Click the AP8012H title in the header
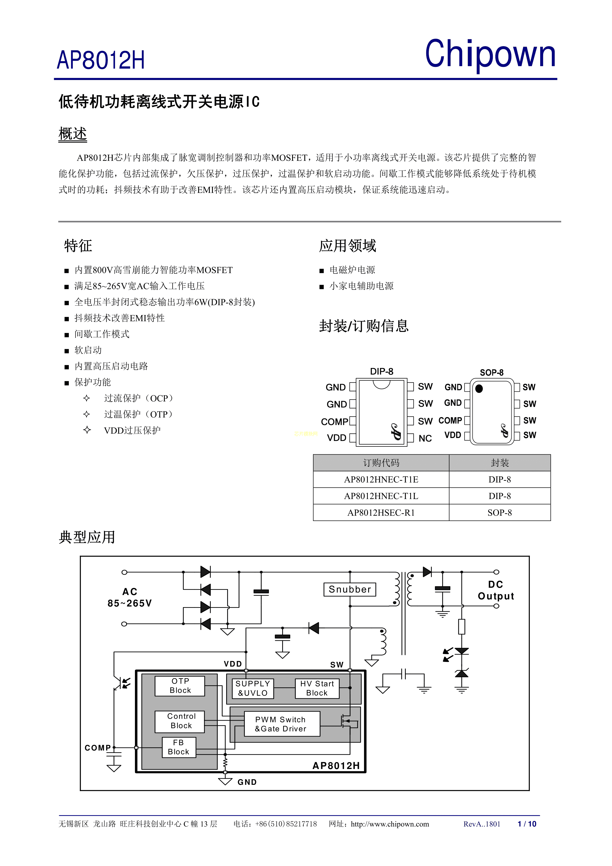(x=101, y=60)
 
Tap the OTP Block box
(x=180, y=686)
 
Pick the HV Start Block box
(x=317, y=688)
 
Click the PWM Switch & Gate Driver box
(x=282, y=724)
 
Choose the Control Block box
(x=180, y=721)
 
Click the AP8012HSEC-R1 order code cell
(x=381, y=513)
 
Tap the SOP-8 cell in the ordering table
(x=500, y=513)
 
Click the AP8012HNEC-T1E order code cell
(x=381, y=479)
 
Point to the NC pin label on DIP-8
(x=425, y=438)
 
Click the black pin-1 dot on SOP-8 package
(x=479, y=388)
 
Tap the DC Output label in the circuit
(x=496, y=590)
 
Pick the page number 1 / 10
(x=527, y=824)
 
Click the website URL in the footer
(x=390, y=824)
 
